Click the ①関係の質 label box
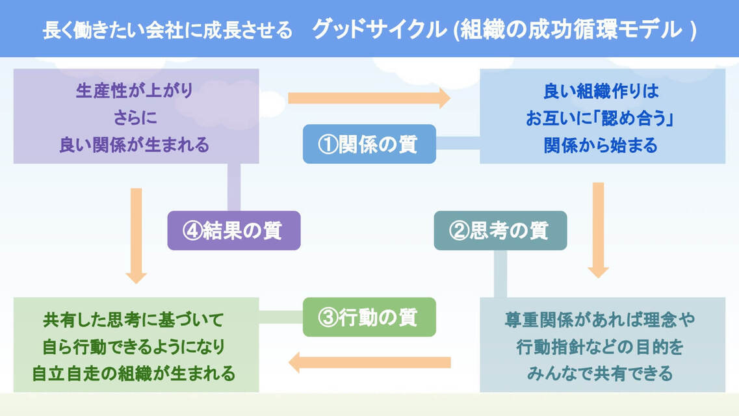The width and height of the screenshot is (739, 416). pyautogui.click(x=369, y=144)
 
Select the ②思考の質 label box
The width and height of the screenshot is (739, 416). pyautogui.click(x=500, y=231)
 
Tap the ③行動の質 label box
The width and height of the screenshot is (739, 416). pyautogui.click(x=369, y=317)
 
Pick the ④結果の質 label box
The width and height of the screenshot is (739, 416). pyautogui.click(x=234, y=231)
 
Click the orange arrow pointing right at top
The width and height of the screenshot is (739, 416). pyautogui.click(x=369, y=98)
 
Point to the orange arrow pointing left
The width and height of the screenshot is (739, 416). pyautogui.click(x=369, y=362)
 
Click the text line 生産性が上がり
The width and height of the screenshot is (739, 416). pyautogui.click(x=135, y=91)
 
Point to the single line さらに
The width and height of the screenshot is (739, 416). pyautogui.click(x=135, y=118)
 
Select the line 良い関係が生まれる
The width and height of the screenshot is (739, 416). pyautogui.click(x=135, y=144)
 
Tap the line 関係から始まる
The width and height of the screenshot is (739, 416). pyautogui.click(x=601, y=145)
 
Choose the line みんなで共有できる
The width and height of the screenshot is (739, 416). pyautogui.click(x=601, y=374)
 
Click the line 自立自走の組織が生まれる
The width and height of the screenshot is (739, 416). pyautogui.click(x=134, y=374)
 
